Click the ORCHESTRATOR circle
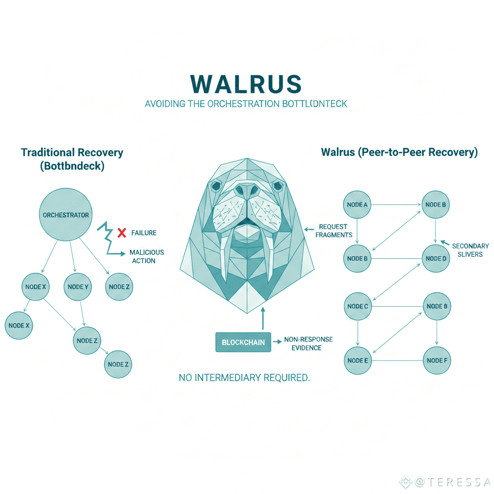(x=66, y=215)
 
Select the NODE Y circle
(x=78, y=287)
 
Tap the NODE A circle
(x=357, y=205)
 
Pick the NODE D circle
(x=436, y=258)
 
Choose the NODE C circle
(x=357, y=306)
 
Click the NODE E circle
(x=357, y=360)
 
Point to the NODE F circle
(x=437, y=360)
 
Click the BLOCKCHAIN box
(x=243, y=342)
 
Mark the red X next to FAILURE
(x=122, y=233)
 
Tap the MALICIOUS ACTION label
(x=147, y=256)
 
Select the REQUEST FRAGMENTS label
(x=333, y=231)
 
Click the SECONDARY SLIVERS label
(x=470, y=250)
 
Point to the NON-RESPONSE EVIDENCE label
(x=308, y=343)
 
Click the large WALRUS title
(x=247, y=84)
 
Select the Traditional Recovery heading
(x=72, y=153)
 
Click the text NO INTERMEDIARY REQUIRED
(x=244, y=377)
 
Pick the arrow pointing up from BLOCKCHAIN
(x=263, y=318)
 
